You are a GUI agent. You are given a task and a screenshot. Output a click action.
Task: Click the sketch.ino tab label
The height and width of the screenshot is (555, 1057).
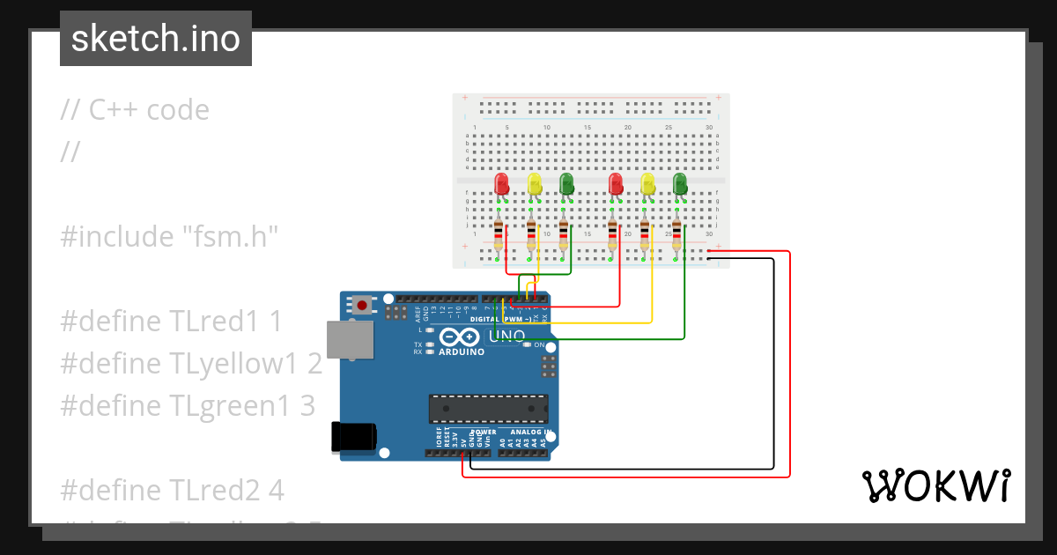click(x=155, y=39)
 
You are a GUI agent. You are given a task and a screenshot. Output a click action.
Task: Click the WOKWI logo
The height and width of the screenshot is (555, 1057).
click(x=935, y=485)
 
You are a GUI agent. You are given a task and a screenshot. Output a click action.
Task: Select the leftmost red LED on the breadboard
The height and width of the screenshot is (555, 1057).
click(x=501, y=184)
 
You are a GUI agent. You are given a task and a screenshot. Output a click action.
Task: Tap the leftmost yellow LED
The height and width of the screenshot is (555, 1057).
click(x=534, y=184)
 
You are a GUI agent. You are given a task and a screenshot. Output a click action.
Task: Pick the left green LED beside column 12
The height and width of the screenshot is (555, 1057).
click(x=566, y=184)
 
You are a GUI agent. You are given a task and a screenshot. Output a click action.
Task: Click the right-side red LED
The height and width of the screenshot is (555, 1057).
click(x=616, y=184)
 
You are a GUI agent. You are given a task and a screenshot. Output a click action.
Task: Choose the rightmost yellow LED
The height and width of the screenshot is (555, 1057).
click(x=648, y=184)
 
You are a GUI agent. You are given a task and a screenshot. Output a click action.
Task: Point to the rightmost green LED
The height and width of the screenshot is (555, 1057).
click(x=680, y=184)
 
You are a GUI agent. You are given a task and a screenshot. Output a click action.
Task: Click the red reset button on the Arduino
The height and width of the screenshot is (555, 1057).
click(x=361, y=306)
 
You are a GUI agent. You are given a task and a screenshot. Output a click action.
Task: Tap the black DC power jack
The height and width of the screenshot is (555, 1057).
click(x=352, y=438)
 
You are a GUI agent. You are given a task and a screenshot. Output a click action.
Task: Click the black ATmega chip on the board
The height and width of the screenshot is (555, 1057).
click(x=488, y=409)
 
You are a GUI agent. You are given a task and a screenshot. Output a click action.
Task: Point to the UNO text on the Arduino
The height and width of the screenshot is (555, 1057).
click(x=506, y=336)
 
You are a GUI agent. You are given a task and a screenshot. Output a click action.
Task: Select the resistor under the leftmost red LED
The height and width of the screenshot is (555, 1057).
click(x=499, y=234)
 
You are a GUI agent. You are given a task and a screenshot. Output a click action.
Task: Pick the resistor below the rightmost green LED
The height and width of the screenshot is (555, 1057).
click(x=676, y=234)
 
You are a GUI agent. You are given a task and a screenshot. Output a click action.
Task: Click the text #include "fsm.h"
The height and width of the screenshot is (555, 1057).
click(x=169, y=236)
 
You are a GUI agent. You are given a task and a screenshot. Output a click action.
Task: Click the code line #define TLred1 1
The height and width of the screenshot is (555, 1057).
click(x=172, y=321)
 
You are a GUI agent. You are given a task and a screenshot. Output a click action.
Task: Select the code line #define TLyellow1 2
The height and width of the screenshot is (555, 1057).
click(x=191, y=363)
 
